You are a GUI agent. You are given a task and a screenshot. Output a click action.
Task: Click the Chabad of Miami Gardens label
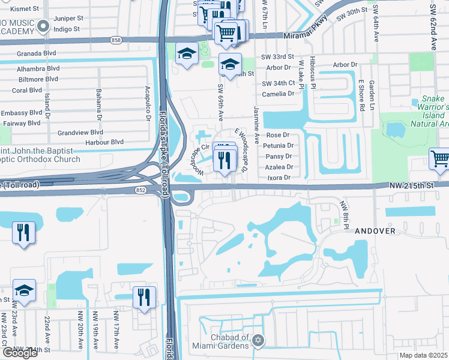coord(220,341)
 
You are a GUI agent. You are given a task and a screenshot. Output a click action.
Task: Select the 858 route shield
coord(116,40)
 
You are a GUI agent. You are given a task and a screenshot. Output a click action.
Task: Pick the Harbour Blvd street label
coord(104,142)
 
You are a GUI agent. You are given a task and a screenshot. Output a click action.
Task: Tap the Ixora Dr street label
coord(278,178)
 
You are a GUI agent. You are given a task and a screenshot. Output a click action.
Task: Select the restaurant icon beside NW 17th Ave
coord(144,296)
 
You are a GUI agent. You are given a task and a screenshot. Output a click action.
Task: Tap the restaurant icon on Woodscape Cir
coord(224,160)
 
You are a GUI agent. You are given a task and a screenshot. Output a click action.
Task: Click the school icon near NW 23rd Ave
coord(25,291)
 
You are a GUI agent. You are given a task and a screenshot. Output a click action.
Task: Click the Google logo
coord(20,353)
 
